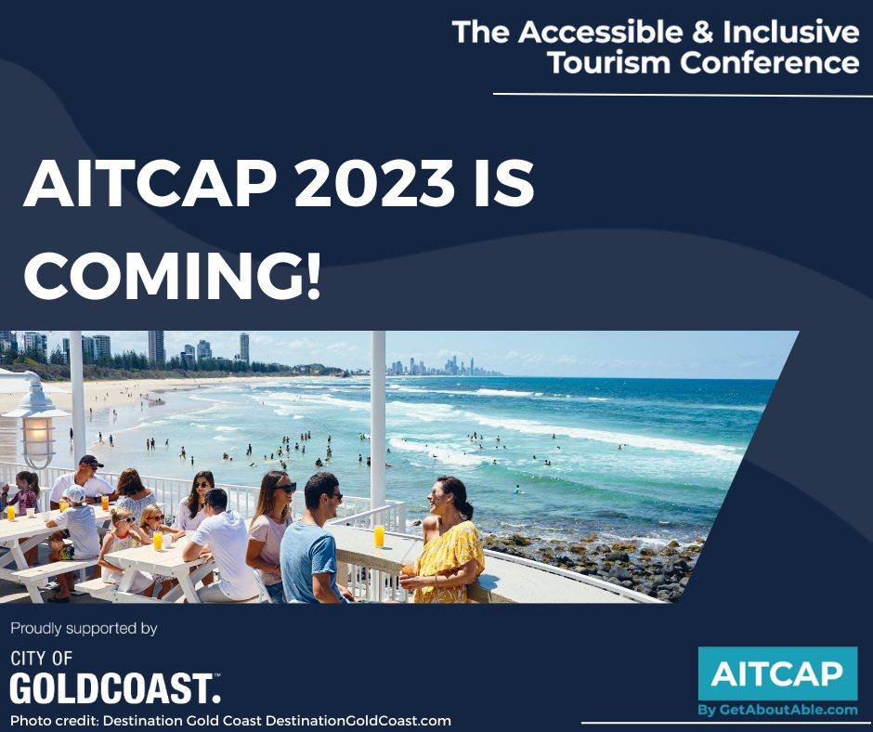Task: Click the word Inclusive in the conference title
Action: click(x=790, y=32)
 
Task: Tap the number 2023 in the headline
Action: click(x=373, y=184)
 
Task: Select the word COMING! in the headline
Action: click(x=173, y=275)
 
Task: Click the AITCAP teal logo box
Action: click(x=777, y=673)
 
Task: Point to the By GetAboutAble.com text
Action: click(x=777, y=711)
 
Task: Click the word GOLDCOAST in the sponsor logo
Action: click(x=115, y=688)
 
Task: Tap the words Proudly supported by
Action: click(x=85, y=629)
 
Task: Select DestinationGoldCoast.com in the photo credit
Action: click(x=358, y=720)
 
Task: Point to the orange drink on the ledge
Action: click(x=379, y=536)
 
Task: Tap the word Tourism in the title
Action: click(x=608, y=62)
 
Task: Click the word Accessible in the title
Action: click(x=600, y=32)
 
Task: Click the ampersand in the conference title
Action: click(x=702, y=32)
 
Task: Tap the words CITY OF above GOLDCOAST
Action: click(x=41, y=659)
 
